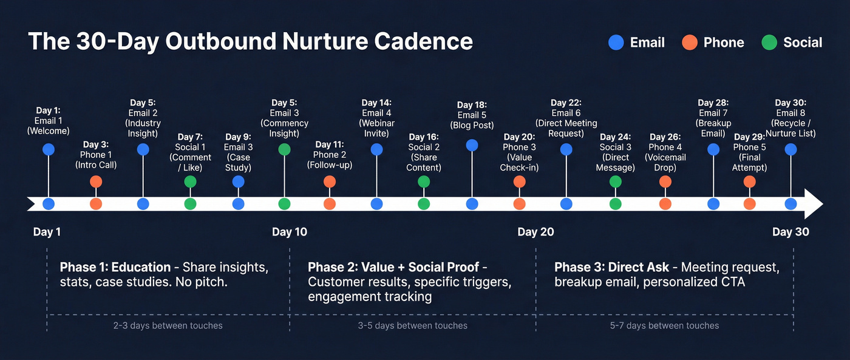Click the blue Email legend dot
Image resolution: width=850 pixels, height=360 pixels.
[x=616, y=42]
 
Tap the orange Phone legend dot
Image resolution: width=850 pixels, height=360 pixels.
[x=689, y=42]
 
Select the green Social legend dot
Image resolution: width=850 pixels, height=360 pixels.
[x=769, y=42]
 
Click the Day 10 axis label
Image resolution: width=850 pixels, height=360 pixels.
[x=289, y=232]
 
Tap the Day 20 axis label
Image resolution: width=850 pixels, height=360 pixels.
[x=535, y=232]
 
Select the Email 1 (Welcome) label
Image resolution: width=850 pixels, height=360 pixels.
[x=48, y=120]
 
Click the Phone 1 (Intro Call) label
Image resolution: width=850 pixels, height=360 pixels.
[x=95, y=155]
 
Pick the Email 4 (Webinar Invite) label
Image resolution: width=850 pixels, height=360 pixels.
[x=376, y=118]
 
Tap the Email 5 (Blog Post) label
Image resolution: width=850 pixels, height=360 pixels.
[x=472, y=115]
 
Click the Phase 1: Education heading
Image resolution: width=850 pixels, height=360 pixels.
[x=115, y=267]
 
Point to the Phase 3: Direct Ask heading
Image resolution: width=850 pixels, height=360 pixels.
[x=611, y=267]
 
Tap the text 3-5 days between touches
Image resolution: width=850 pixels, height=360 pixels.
[x=413, y=325]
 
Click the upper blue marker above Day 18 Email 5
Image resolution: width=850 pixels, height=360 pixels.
[x=472, y=145]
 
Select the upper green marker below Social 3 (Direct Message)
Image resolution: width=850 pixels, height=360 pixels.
[x=615, y=182]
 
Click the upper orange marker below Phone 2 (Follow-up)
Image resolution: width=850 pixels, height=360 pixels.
[x=329, y=182]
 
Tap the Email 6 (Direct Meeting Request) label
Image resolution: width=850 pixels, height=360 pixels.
[x=566, y=118]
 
